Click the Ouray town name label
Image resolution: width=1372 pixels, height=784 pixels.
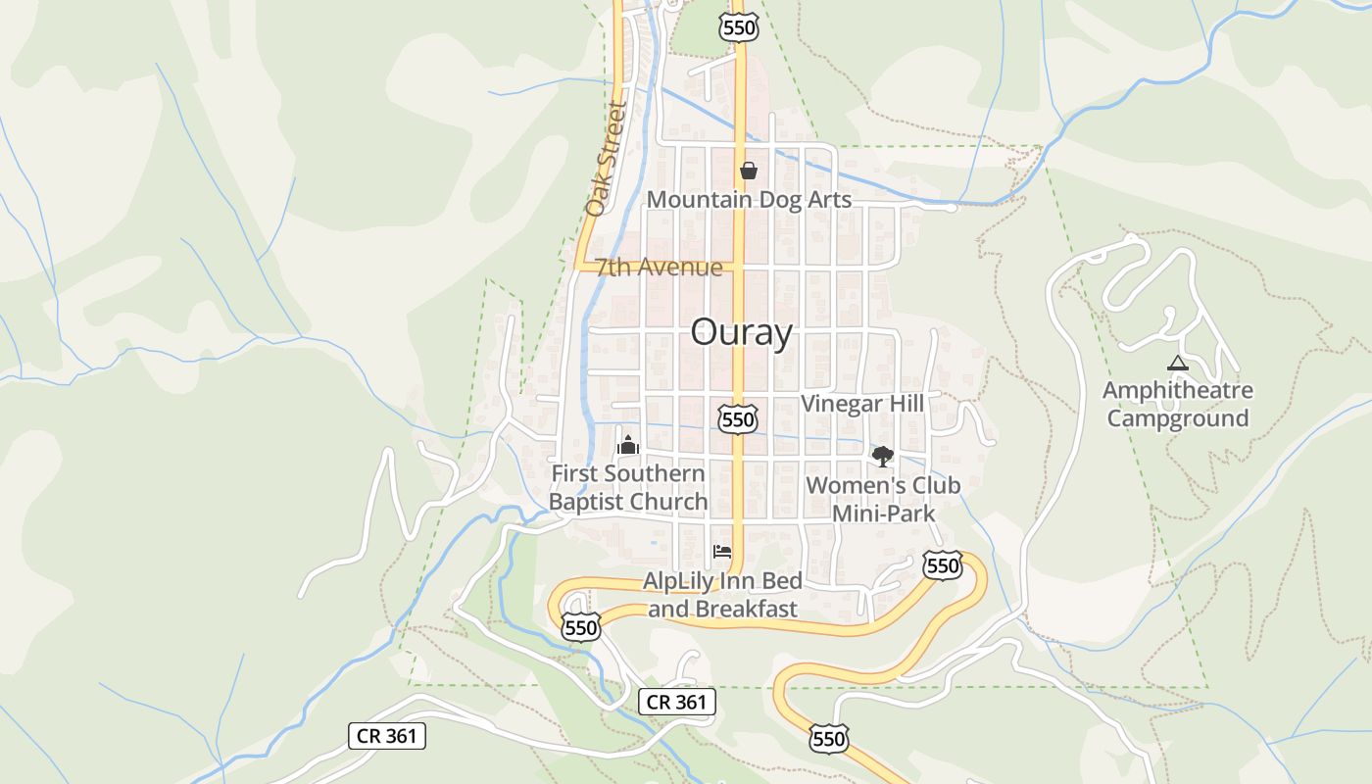[x=741, y=333]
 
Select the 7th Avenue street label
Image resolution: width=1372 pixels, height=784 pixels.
[x=659, y=268]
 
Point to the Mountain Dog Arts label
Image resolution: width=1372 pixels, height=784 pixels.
[x=749, y=200]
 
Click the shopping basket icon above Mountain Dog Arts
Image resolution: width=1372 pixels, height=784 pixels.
[x=749, y=171]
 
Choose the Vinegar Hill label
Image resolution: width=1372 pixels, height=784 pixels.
[x=862, y=404]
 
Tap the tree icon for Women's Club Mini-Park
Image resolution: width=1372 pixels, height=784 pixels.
[x=883, y=456]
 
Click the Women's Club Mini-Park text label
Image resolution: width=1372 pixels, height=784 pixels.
[x=883, y=499]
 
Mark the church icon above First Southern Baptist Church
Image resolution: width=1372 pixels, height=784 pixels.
[x=627, y=445]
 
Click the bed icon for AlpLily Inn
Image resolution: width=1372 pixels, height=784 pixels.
[x=722, y=552]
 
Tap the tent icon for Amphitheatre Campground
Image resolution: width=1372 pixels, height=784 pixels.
[x=1177, y=364]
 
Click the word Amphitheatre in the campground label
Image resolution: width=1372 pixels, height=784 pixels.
[x=1177, y=391]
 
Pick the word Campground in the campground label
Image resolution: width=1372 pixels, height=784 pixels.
[x=1177, y=418]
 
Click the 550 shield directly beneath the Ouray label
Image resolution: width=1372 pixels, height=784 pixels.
[x=737, y=420]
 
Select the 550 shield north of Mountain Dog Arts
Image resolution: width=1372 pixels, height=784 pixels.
[x=738, y=27]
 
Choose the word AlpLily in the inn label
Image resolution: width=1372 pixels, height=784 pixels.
[x=679, y=581]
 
